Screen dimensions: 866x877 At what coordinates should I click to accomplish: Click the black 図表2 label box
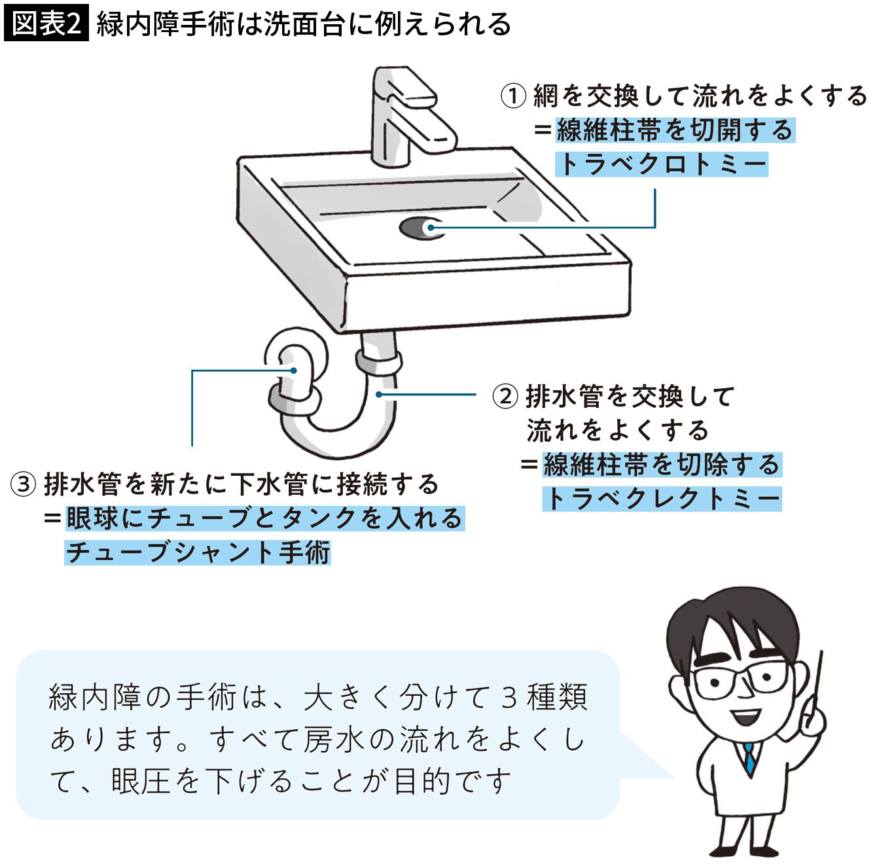(x=46, y=24)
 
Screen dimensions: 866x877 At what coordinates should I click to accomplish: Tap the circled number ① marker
(x=514, y=96)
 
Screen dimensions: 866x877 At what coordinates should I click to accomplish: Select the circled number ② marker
(x=505, y=397)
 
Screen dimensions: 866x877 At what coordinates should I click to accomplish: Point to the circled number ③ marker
(x=24, y=484)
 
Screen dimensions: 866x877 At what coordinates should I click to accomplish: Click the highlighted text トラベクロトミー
(x=662, y=164)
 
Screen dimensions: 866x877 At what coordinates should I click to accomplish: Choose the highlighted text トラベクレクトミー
(x=662, y=499)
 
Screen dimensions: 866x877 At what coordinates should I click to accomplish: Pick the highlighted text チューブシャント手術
(x=198, y=552)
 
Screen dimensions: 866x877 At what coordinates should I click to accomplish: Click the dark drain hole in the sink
(x=416, y=228)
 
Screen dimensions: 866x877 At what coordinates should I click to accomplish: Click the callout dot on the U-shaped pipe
(x=379, y=395)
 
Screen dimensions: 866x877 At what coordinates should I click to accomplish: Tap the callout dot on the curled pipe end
(x=294, y=370)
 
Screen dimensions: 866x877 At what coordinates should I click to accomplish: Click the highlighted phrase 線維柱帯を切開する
(x=675, y=130)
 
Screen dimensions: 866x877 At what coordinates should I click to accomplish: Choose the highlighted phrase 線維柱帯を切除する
(x=662, y=465)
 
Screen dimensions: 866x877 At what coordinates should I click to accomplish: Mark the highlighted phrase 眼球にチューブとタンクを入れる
(x=264, y=518)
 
